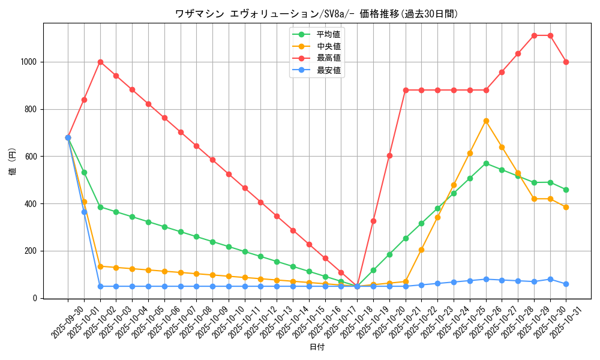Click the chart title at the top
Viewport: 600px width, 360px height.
tap(316, 14)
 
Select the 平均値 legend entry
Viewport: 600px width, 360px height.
tap(328, 34)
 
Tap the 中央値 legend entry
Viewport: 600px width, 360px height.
tap(328, 46)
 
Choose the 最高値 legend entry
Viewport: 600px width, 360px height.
tap(328, 58)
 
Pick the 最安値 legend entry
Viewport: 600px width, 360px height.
tap(328, 70)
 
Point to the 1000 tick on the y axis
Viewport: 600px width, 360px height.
tap(29, 62)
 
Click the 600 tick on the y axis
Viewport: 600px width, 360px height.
tap(31, 157)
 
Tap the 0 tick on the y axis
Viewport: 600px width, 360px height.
tap(36, 298)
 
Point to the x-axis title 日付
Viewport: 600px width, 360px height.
tap(317, 347)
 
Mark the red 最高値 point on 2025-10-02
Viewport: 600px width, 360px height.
tap(100, 62)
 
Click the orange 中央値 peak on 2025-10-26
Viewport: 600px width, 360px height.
tap(486, 121)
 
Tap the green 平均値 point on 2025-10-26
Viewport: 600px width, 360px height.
tap(486, 163)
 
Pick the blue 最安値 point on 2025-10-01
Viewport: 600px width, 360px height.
tap(84, 212)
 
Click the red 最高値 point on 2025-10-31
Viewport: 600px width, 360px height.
tap(566, 62)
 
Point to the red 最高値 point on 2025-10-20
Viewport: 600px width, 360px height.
tap(389, 155)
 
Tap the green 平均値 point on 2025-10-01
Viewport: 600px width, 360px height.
tap(84, 172)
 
